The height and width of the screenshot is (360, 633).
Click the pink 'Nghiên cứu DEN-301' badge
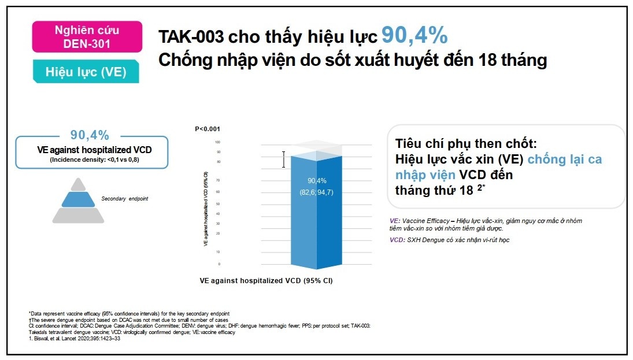click(87, 36)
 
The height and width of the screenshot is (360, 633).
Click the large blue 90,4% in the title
click(414, 36)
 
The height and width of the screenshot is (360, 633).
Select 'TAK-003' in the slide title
click(191, 38)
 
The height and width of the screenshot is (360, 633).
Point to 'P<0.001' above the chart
click(208, 129)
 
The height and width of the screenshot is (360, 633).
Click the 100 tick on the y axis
click(217, 142)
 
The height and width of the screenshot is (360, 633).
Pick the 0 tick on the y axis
click(219, 264)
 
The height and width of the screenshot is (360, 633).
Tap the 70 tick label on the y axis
click(217, 180)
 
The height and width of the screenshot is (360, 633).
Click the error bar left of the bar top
click(283, 159)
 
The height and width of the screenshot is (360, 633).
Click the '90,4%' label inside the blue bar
click(316, 180)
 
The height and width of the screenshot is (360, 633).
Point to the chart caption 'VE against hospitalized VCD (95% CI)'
click(266, 281)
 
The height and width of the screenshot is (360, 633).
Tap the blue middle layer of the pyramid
click(78, 199)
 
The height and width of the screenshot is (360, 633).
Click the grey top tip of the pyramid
click(78, 184)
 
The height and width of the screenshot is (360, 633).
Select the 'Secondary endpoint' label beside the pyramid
click(124, 199)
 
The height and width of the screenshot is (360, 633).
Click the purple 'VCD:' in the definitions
click(397, 240)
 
